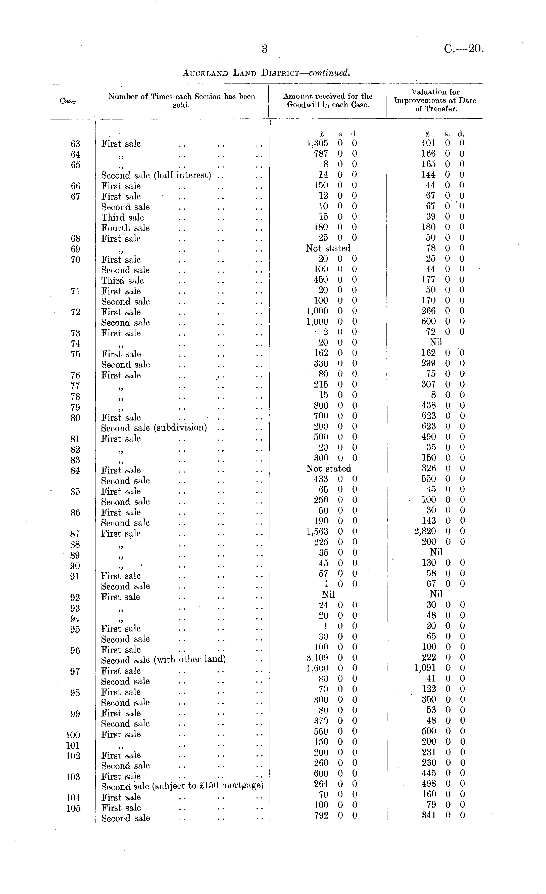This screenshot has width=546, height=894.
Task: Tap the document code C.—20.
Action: point(464,49)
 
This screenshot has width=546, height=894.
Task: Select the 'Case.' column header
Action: point(69,101)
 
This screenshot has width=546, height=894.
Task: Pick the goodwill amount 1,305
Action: point(317,143)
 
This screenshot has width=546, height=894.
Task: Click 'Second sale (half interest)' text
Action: point(156,176)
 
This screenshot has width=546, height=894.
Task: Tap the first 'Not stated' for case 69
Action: point(328,248)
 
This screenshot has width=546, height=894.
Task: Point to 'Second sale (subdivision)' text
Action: point(154,428)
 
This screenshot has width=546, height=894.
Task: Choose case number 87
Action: point(75,534)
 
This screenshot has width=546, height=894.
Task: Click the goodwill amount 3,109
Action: point(317,657)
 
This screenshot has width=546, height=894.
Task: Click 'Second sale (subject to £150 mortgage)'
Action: point(182,786)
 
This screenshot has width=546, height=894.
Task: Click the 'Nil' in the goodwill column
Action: point(328,594)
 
